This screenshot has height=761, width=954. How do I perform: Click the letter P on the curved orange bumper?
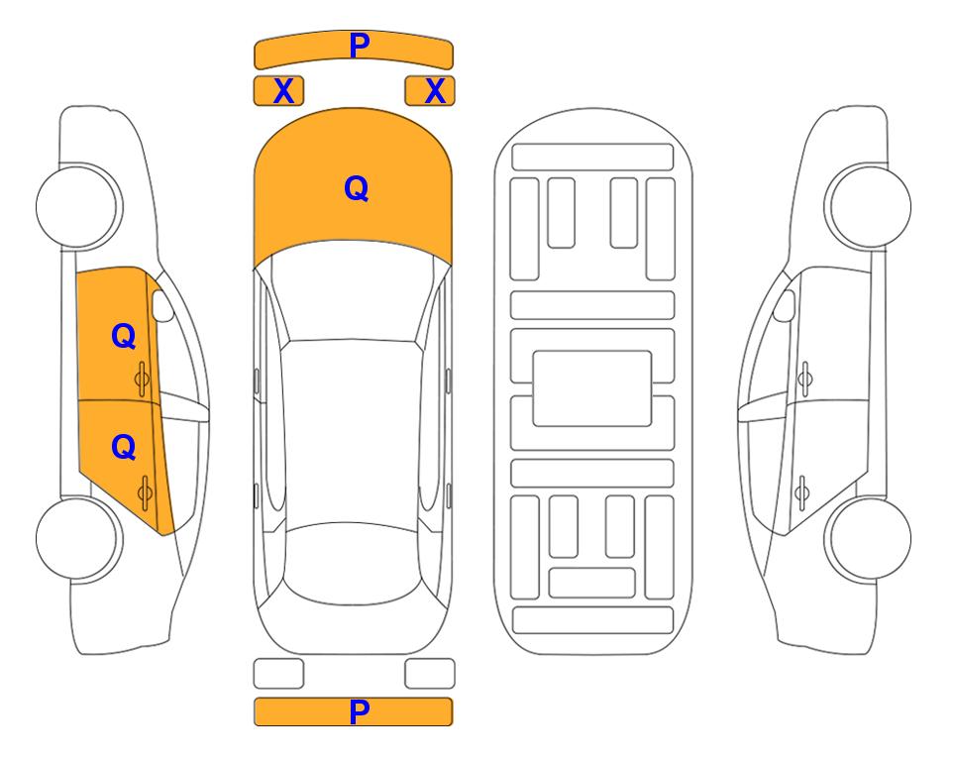(x=359, y=46)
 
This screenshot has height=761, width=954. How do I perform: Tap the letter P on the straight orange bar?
(x=359, y=711)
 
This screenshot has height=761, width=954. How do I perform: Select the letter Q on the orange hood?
(x=357, y=188)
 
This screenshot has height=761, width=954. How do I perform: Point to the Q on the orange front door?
(x=124, y=336)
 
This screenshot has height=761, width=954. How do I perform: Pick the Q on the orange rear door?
(x=124, y=448)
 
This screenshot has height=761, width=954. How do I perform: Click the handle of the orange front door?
(x=143, y=380)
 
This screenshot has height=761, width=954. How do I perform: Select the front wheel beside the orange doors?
(x=78, y=206)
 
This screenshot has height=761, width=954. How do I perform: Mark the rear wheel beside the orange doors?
(x=78, y=538)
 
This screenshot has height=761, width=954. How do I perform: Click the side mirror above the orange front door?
(x=162, y=305)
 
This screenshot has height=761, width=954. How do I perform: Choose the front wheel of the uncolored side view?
(x=868, y=206)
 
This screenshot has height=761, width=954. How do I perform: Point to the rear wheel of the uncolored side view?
(x=868, y=538)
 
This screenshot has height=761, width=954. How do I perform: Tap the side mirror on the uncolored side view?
(x=785, y=305)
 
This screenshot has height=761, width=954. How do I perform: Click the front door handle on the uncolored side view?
(x=804, y=379)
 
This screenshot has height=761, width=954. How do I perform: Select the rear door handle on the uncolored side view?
(x=801, y=492)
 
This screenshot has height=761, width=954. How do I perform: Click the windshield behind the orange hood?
(x=353, y=291)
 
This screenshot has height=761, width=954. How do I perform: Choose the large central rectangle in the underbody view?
(x=592, y=388)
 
